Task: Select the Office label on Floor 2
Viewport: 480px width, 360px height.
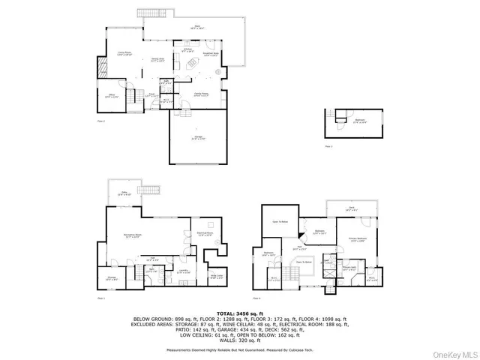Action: click(x=111, y=96)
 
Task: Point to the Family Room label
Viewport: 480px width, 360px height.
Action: click(x=200, y=94)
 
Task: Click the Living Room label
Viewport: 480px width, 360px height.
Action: click(x=124, y=54)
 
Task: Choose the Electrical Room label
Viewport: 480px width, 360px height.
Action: click(x=205, y=234)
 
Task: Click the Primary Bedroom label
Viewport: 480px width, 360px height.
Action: click(x=358, y=240)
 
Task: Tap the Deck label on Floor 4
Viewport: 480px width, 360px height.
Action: click(x=350, y=210)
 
